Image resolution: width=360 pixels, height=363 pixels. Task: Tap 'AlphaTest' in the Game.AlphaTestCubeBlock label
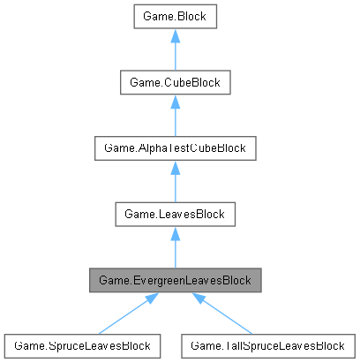(x=169, y=148)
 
